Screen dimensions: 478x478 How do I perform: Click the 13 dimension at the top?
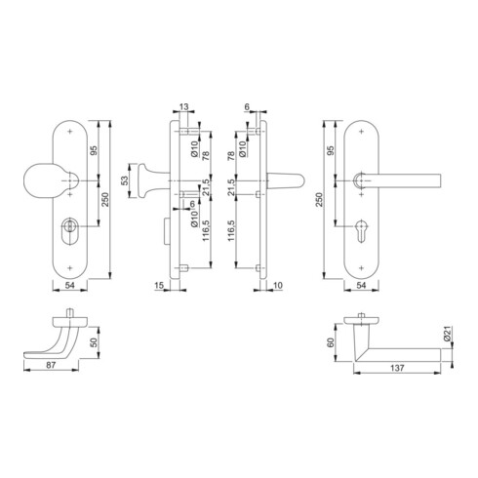point(185,109)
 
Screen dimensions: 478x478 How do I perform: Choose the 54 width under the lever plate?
point(362,286)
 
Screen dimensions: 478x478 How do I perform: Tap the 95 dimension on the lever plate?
point(333,151)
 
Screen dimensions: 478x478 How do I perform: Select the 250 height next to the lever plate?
point(319,199)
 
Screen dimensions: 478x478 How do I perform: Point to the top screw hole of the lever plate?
point(362,130)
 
